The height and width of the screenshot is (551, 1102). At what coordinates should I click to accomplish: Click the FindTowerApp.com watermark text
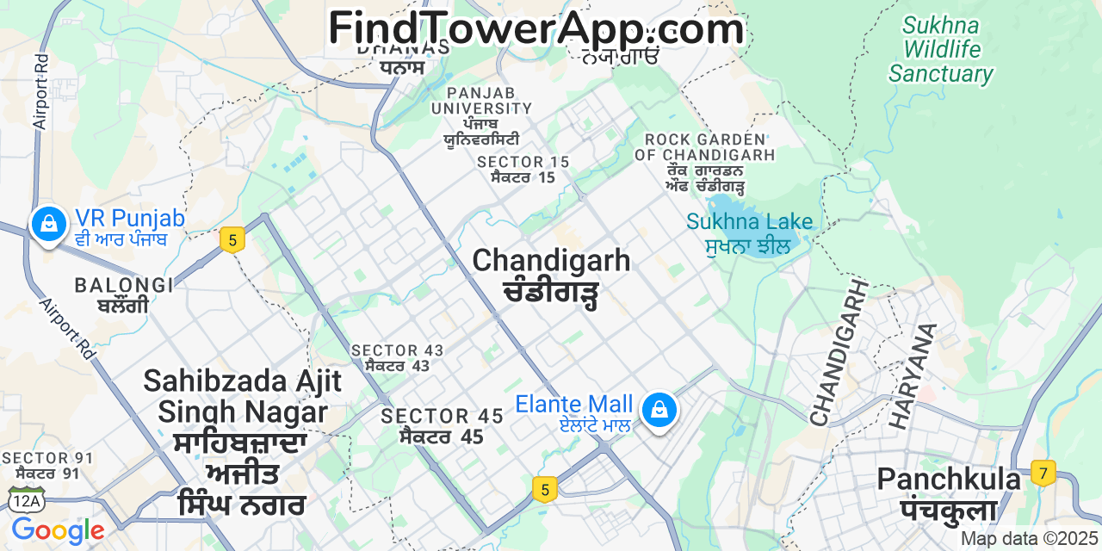pos(536,28)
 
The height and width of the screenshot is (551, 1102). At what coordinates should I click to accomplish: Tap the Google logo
pos(58,530)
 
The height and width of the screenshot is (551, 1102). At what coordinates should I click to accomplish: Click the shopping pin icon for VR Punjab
pos(49,223)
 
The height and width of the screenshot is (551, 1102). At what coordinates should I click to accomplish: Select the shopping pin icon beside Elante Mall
pos(659,409)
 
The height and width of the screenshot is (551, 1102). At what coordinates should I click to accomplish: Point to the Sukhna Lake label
pos(749,222)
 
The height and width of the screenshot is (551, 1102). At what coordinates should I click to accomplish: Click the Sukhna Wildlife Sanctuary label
pos(941,49)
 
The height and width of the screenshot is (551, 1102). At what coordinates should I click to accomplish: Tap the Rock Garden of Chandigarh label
pos(705,147)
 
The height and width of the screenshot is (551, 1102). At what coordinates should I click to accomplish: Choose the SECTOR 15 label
pos(523,162)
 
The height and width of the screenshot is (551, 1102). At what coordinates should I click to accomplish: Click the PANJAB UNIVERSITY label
pos(482,101)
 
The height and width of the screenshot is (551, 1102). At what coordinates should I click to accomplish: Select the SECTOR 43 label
pos(398,350)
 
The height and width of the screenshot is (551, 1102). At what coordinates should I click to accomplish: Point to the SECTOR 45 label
pos(443,417)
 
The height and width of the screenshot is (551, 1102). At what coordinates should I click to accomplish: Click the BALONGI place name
pos(124,285)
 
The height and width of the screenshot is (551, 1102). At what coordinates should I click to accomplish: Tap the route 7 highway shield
pos(1043,473)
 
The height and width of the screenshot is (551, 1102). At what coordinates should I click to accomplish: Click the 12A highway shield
pos(25,498)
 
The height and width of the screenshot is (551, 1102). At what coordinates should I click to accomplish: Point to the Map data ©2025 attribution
pos(1030,539)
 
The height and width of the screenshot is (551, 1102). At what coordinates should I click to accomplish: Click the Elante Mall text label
pos(574,404)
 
